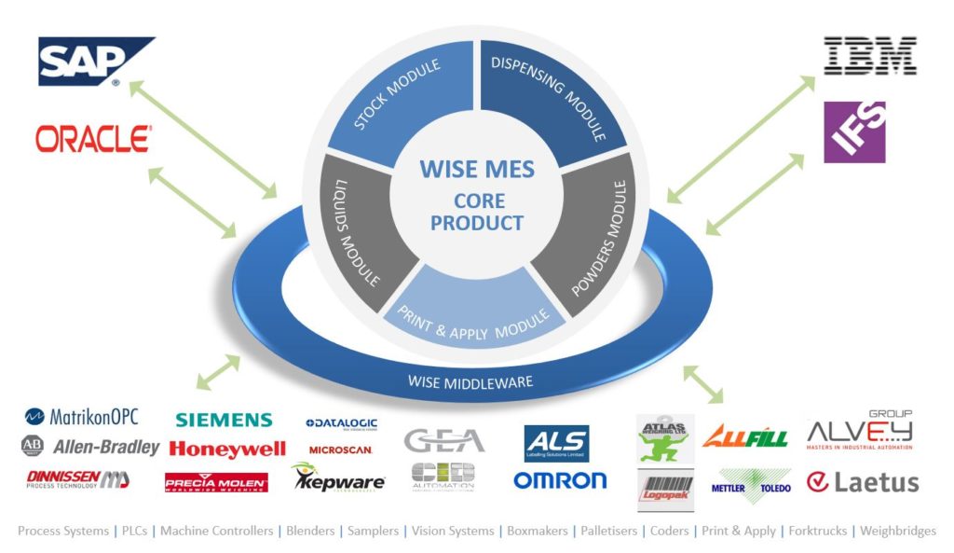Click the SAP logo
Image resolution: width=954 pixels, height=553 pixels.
point(94,62)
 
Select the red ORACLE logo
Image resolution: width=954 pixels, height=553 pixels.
point(93,140)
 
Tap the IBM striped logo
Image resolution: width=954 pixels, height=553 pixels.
point(870,56)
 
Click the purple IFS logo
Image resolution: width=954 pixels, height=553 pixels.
point(854,131)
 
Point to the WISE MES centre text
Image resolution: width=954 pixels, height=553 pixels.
point(477,169)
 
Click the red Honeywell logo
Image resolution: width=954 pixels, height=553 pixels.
point(227,449)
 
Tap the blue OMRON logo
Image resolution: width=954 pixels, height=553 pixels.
point(560,480)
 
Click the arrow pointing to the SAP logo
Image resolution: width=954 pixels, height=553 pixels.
point(202,138)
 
